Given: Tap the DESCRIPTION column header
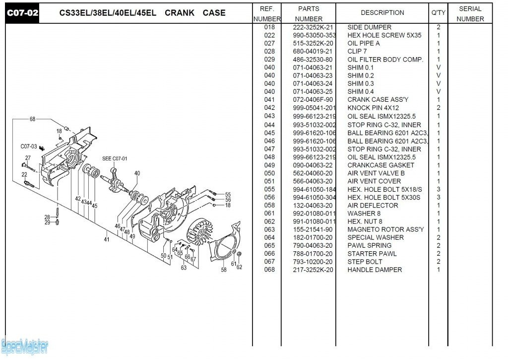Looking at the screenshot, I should pos(382,13).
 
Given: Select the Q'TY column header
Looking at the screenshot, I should pos(439,13).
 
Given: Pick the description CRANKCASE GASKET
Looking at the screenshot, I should pos(381,165).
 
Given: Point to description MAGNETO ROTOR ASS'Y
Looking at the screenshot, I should pos(385,229).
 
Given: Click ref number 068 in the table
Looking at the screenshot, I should pos(269,270).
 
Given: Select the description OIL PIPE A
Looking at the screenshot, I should pos(364,43).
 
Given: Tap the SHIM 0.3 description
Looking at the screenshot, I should pos(361,83).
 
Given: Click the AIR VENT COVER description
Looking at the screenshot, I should pos(374,181).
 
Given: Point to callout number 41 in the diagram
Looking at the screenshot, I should pos(106,240).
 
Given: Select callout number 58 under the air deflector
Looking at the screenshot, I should pos(224,270).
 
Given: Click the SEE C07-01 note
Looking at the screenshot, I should pos(115,159).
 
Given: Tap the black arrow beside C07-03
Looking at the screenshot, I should pos(42,148).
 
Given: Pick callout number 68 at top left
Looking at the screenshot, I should pos(32,119).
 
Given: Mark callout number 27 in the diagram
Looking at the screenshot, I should pos(28,158).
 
